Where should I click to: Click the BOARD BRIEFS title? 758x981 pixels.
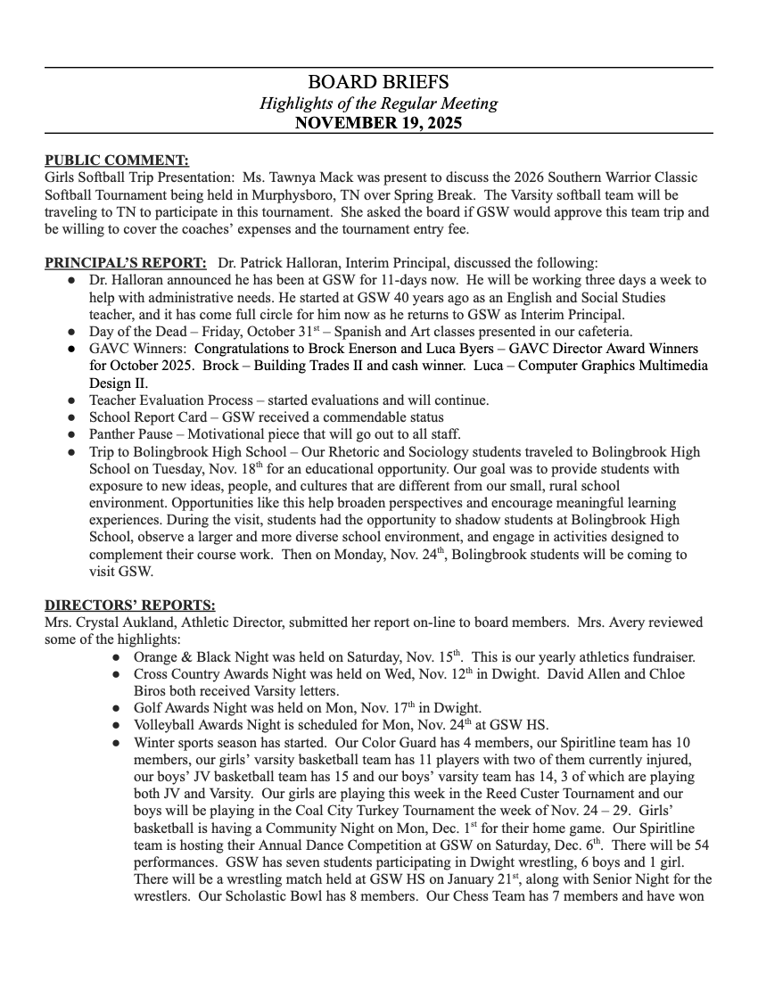[378, 84]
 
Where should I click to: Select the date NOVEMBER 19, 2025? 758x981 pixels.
[378, 123]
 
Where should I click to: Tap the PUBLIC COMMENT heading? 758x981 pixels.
[117, 161]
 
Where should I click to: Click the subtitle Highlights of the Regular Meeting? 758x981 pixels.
[378, 103]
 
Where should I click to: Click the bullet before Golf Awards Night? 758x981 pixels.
[117, 709]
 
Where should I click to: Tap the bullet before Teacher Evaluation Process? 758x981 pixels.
[72, 400]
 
